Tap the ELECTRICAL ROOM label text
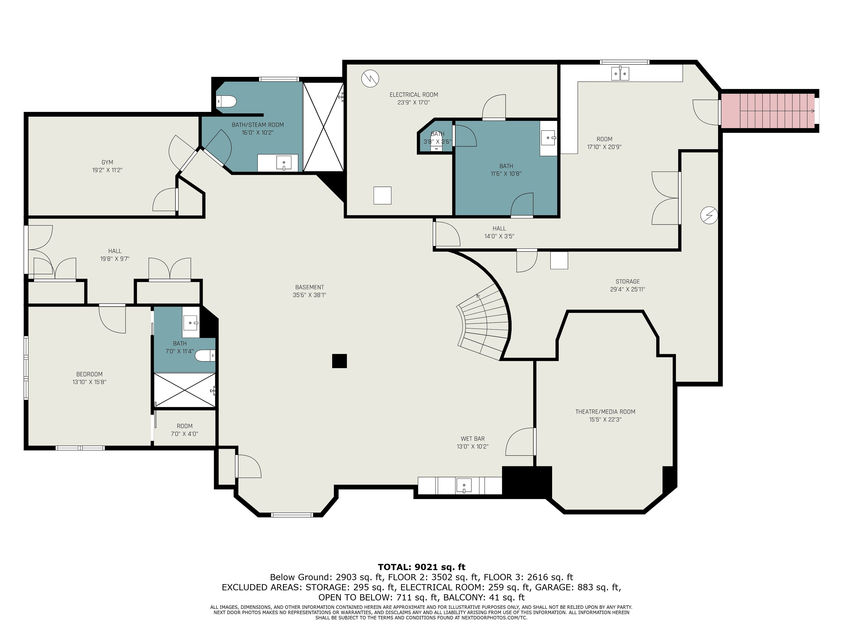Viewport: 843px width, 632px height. [414, 95]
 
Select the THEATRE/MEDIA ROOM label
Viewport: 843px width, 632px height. [605, 411]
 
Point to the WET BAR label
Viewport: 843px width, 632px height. [473, 438]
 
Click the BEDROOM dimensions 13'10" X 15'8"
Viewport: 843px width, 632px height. [90, 382]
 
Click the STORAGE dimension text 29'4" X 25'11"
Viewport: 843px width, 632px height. [628, 289]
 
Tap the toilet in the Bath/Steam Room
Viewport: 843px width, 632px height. [226, 102]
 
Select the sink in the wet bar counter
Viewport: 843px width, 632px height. [464, 486]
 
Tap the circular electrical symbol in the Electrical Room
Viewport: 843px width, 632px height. [370, 79]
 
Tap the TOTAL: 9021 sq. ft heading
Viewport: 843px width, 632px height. [421, 567]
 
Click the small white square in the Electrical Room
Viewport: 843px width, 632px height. [382, 196]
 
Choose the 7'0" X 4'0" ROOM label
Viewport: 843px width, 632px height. [184, 430]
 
